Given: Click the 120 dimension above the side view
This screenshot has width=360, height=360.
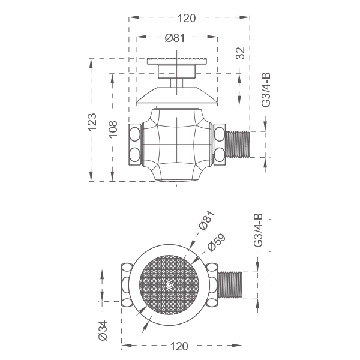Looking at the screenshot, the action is [x=187, y=18].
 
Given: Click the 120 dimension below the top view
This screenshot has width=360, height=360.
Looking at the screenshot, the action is [x=179, y=346].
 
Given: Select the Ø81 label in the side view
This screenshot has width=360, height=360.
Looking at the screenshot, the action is [x=175, y=38].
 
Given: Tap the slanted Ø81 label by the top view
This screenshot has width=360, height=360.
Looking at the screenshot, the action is [x=207, y=220].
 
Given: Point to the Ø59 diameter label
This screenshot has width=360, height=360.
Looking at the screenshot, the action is [x=216, y=243].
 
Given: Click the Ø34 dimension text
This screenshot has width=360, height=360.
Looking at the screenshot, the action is [x=103, y=331].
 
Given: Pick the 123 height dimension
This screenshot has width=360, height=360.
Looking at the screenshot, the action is [x=92, y=122].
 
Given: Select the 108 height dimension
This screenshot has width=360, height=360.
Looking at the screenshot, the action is [x=113, y=129].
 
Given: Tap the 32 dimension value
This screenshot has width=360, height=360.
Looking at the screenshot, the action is [x=241, y=53].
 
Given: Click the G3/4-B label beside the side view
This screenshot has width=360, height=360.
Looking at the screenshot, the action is [x=266, y=90].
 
